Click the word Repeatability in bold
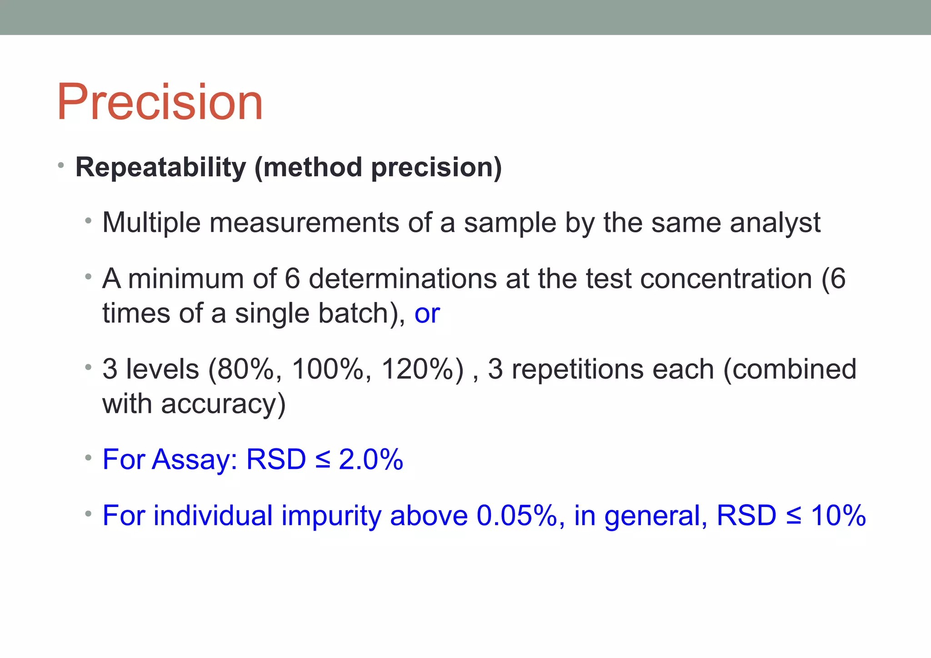pos(160,167)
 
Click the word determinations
pos(402,278)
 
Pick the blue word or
pos(427,313)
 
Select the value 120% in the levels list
pos(417,369)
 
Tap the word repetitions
pos(577,369)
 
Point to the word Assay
pos(191,459)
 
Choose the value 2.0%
pos(371,459)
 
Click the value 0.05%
pos(516,516)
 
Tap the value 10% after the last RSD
pos(838,516)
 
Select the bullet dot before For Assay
pos(88,458)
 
